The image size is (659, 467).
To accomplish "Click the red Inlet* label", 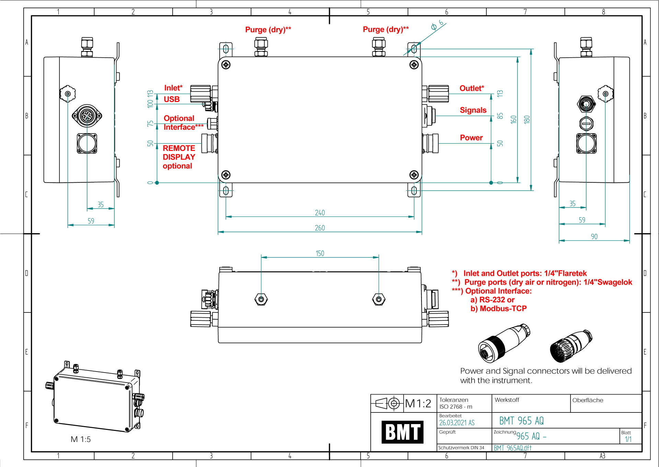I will [173, 88].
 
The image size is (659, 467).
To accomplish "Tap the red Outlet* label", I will [472, 88].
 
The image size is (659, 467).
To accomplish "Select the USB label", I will [172, 99].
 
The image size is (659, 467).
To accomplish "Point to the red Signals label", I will [473, 110].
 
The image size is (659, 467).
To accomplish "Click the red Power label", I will [471, 138].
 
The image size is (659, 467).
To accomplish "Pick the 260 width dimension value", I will [320, 228].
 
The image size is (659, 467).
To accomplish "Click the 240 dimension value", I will [320, 213].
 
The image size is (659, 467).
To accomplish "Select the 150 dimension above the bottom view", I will [320, 253].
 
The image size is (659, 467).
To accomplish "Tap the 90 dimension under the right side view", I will [594, 237].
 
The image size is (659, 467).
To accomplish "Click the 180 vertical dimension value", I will [527, 119].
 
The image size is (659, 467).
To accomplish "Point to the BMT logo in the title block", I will [402, 432].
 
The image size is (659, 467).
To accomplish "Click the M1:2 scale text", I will [418, 403].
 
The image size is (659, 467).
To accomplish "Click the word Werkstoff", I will [507, 400].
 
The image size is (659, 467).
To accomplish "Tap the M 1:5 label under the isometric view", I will [81, 439].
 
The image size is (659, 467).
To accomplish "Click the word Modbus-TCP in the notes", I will [503, 308].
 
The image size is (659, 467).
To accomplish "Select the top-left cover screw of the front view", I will [226, 65].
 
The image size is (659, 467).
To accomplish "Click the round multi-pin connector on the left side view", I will [87, 116].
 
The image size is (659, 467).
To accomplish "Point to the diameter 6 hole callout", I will [437, 25].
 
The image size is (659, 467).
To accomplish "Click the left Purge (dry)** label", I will [268, 30].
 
